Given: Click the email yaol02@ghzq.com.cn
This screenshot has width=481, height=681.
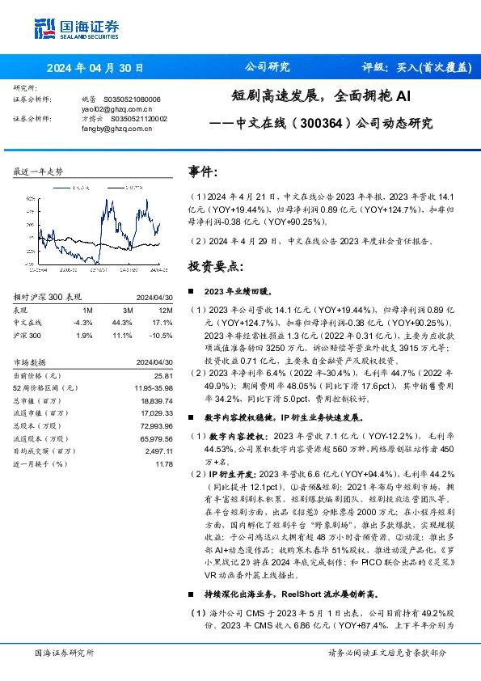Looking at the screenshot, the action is tap(106, 108).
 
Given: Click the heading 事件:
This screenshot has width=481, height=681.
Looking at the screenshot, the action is tap(203, 172).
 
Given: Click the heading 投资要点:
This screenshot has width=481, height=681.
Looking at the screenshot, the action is tap(214, 265).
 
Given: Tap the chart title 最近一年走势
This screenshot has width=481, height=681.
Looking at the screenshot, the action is tap(38, 171).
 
